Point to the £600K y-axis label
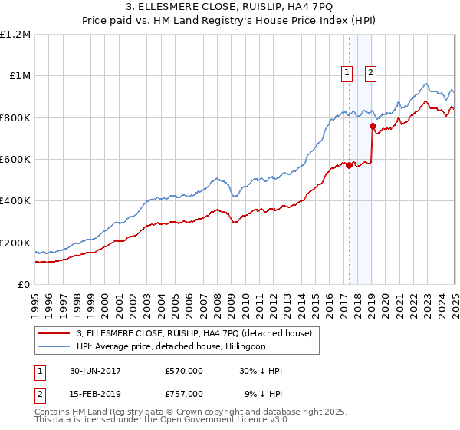15,160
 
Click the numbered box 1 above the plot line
347,73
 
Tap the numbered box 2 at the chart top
370,73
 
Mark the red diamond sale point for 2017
349,165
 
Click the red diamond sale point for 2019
372,127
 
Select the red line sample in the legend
55,334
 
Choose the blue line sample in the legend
55,346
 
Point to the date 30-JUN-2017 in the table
94,371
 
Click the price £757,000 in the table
184,394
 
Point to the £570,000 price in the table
184,371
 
